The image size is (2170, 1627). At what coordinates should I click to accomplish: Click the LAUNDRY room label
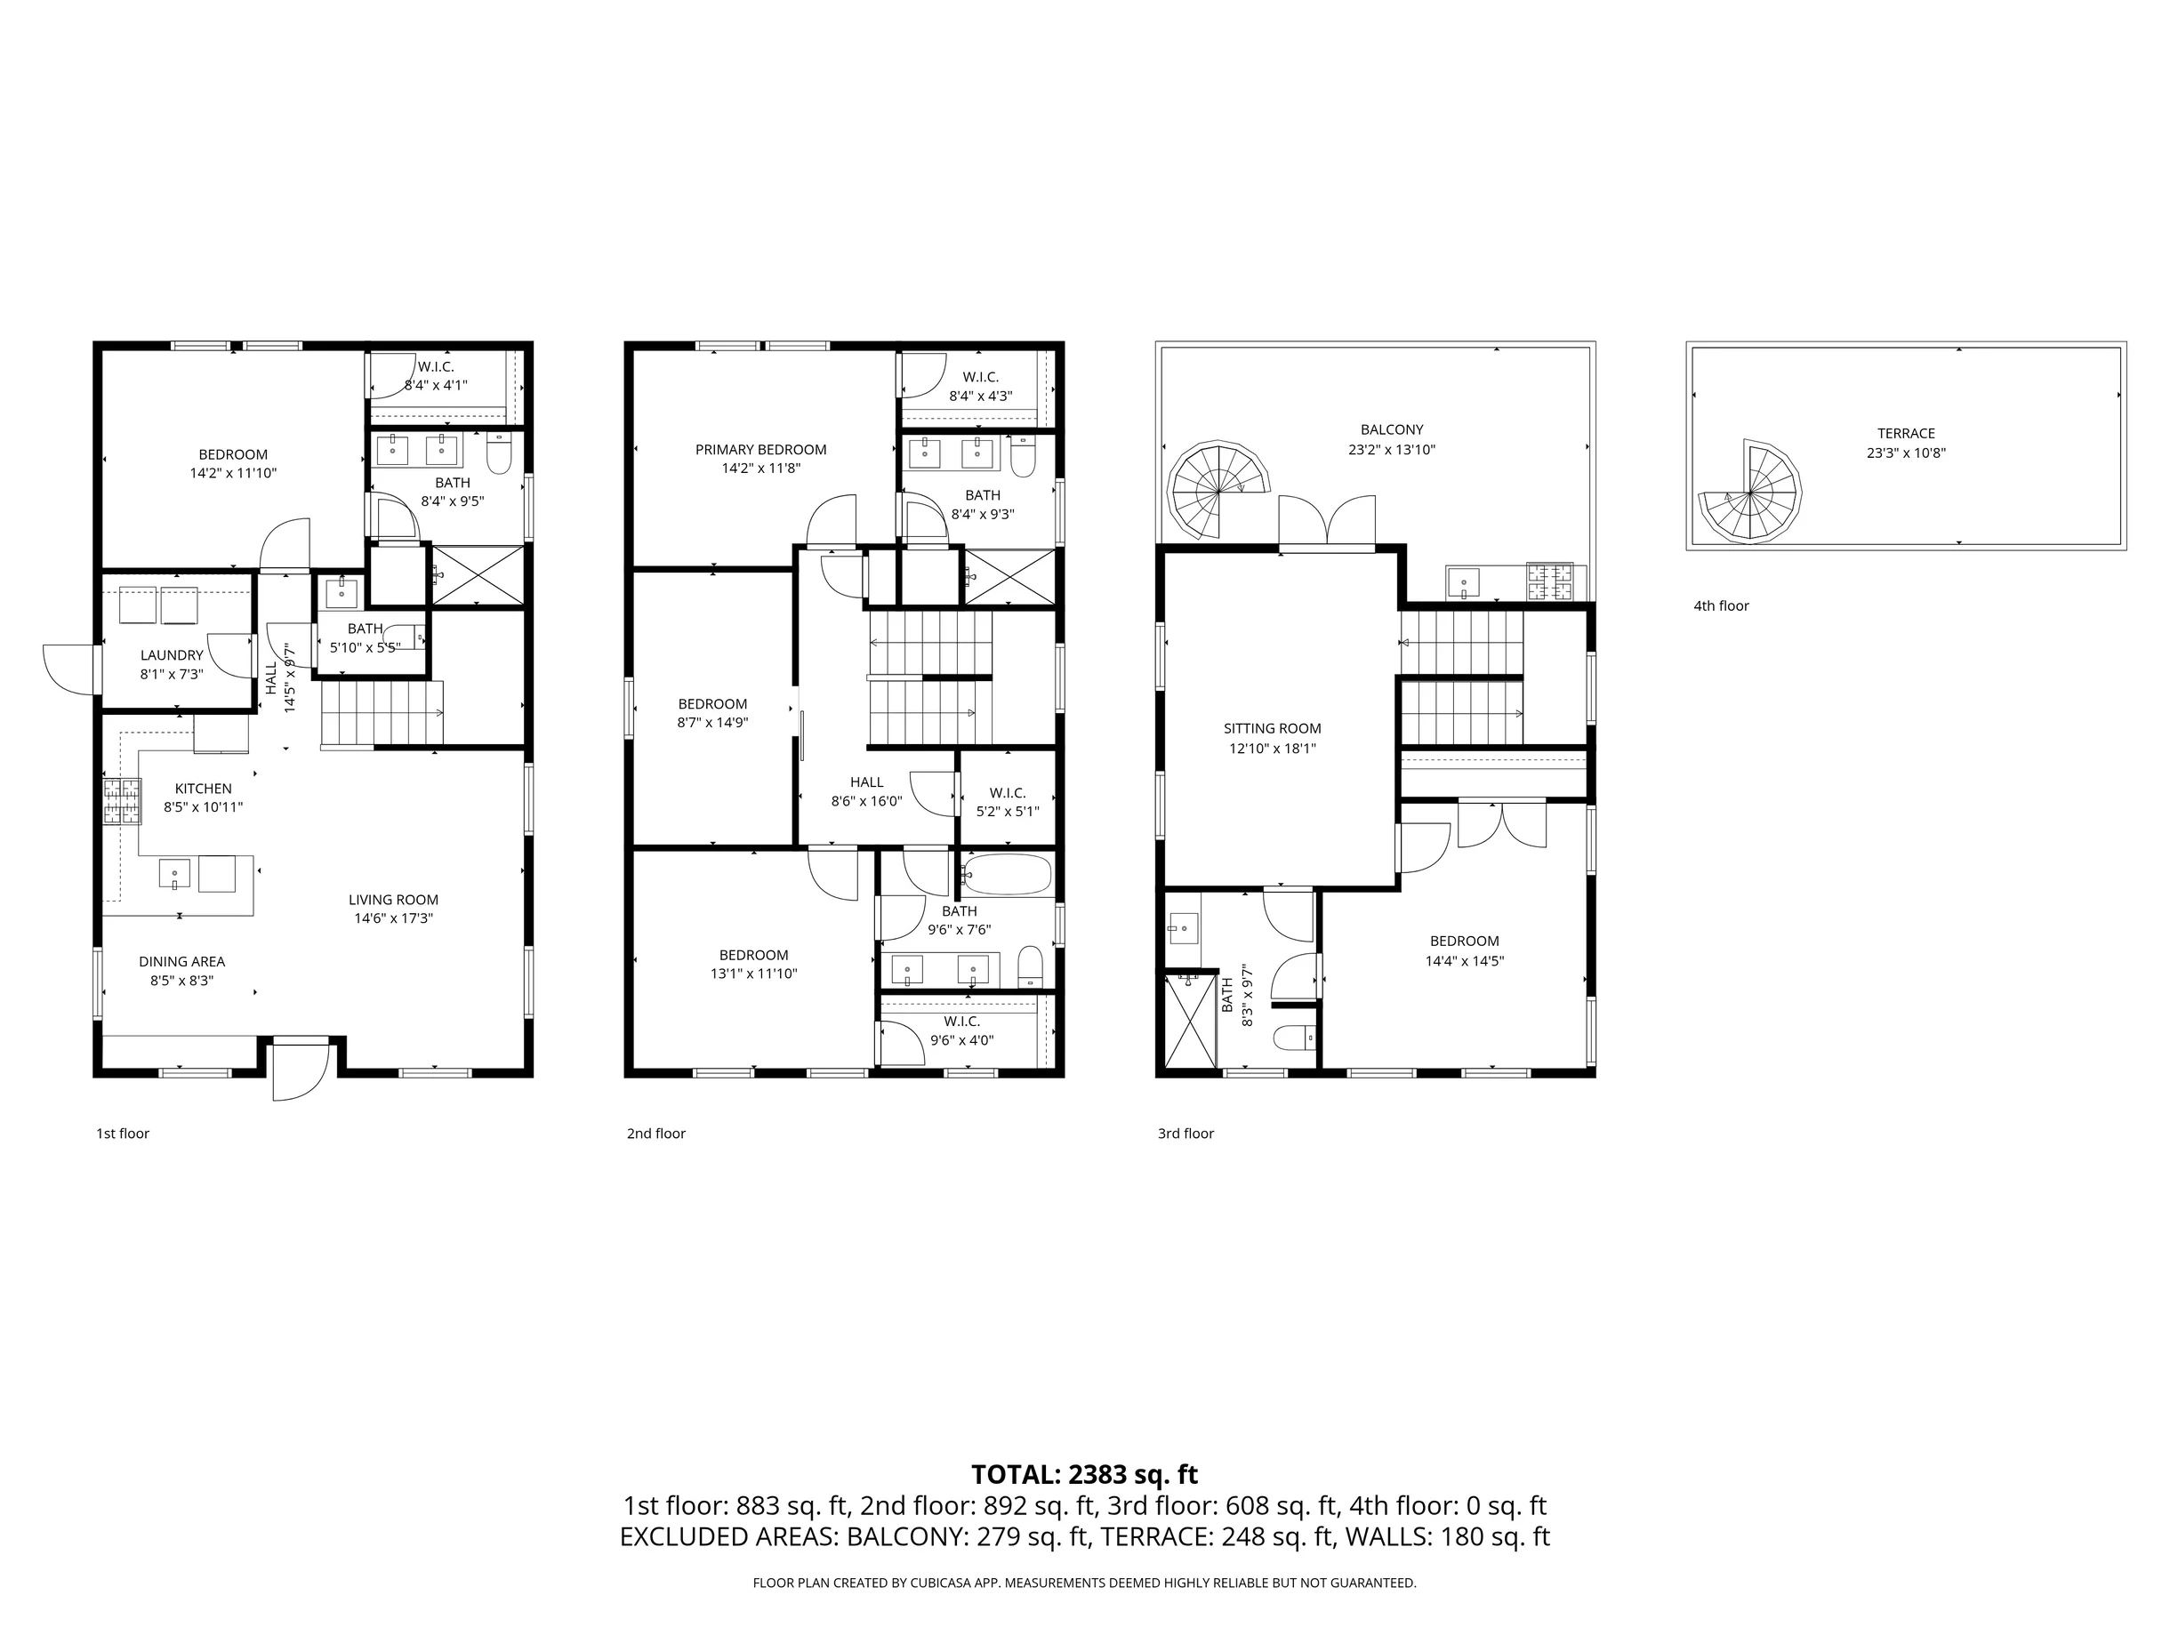172,655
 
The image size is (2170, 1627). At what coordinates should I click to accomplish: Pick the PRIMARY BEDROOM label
760,449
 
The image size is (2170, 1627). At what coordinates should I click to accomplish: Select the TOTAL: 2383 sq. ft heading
1084,1474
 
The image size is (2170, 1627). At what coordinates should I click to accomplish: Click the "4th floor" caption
1721,606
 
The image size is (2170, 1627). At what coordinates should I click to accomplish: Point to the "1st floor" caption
123,1134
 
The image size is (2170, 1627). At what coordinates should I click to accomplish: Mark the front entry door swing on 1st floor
301,1071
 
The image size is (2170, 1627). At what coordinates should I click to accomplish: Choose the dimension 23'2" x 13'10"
1391,450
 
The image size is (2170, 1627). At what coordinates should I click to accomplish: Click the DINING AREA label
181,961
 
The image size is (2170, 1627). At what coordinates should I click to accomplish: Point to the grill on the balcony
1550,581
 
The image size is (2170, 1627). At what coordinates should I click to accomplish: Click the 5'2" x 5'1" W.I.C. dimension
1008,811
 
